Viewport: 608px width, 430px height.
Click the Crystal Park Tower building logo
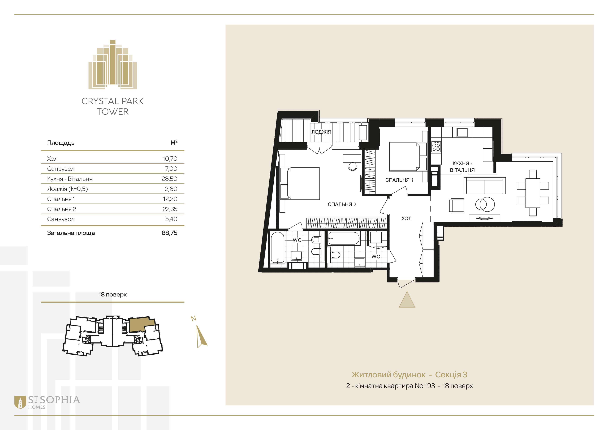click(113, 64)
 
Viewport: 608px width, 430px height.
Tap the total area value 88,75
click(170, 233)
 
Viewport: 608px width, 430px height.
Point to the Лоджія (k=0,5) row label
click(67, 189)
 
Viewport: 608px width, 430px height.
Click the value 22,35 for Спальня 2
click(170, 209)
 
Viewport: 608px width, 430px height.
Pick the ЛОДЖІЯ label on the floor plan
click(321, 132)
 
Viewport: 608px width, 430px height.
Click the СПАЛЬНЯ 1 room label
click(399, 180)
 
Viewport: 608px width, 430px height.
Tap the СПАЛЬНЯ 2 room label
click(342, 204)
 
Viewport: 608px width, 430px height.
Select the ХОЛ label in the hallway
click(407, 218)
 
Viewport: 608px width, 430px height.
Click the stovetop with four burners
click(436, 146)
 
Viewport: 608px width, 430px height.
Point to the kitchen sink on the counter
click(462, 132)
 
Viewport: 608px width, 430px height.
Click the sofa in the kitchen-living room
click(485, 186)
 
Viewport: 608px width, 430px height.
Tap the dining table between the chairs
click(533, 193)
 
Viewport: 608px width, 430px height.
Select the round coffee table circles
click(485, 204)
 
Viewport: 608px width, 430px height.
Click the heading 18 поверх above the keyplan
click(113, 294)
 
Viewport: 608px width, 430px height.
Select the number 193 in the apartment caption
click(430, 386)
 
